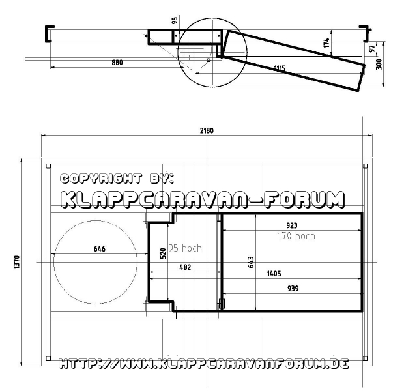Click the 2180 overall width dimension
pos(207,131)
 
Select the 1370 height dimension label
pos(16,262)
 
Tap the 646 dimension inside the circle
pos(100,249)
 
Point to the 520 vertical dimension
pos(163,253)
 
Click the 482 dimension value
pos(185,267)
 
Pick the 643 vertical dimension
pos(250,262)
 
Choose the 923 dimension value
pos(292,225)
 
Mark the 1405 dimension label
pos(274,274)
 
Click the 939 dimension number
pos(293,288)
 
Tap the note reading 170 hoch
pos(296,236)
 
